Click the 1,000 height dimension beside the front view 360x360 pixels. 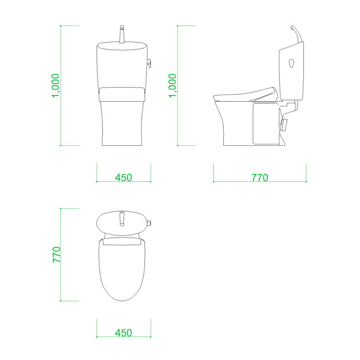coord(56,85)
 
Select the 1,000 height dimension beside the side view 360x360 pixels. coord(173,85)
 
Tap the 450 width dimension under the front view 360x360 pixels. coord(124,178)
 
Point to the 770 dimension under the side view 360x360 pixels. coord(260,178)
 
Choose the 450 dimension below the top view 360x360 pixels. coord(124,333)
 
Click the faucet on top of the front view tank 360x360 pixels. coord(122,35)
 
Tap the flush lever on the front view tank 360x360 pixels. coord(150,63)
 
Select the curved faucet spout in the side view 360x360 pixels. coord(296,33)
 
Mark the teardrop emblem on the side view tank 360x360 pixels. coord(292,62)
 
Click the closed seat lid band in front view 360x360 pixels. coord(122,94)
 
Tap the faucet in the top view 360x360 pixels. coord(122,218)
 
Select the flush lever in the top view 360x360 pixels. coord(149,223)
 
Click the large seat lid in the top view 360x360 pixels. coord(122,272)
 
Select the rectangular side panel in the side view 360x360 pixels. coord(266,123)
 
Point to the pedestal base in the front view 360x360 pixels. coord(122,124)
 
